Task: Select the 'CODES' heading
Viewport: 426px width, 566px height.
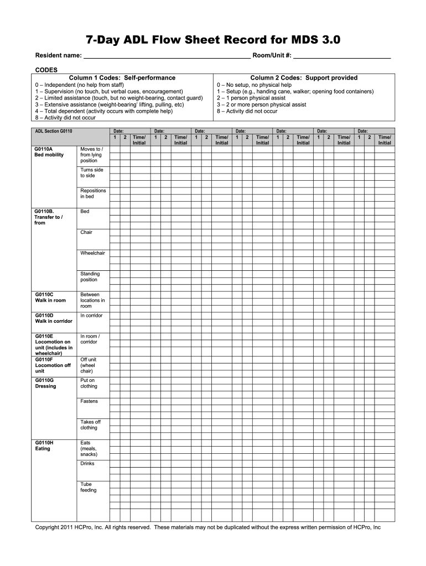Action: pyautogui.click(x=46, y=70)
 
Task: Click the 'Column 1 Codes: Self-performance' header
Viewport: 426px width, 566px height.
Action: pyautogui.click(x=122, y=78)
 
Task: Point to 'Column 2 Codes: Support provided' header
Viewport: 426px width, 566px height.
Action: pyautogui.click(x=304, y=78)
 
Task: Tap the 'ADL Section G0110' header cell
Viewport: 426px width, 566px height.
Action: pyautogui.click(x=54, y=131)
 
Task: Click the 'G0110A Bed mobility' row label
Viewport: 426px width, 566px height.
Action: pyautogui.click(x=49, y=152)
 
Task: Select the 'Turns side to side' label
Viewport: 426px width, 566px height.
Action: pyautogui.click(x=91, y=173)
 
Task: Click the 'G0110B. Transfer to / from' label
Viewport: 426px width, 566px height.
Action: pyautogui.click(x=48, y=217)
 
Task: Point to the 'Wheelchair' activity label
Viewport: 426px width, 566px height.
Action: pyautogui.click(x=92, y=253)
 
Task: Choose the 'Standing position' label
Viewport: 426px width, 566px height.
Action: pyautogui.click(x=90, y=277)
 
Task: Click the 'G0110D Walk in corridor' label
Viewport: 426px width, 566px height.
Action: pyautogui.click(x=54, y=318)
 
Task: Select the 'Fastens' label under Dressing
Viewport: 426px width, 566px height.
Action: pyautogui.click(x=89, y=401)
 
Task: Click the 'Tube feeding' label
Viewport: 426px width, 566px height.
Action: pyautogui.click(x=88, y=487)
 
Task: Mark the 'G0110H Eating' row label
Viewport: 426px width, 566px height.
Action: pyautogui.click(x=43, y=446)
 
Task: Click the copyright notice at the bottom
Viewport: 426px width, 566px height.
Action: pyautogui.click(x=208, y=527)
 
